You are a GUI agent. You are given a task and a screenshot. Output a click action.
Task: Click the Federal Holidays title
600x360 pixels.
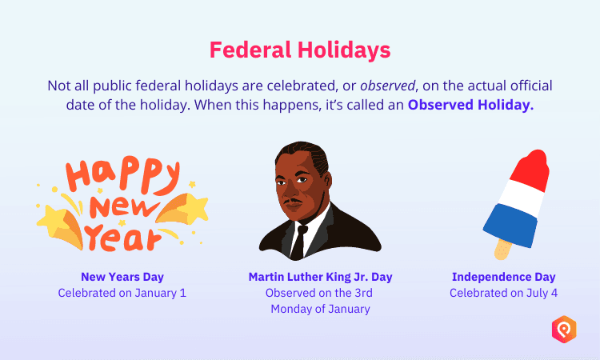pyautogui.click(x=300, y=50)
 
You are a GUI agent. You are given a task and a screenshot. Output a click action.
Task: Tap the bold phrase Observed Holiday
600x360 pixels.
pyautogui.click(x=470, y=106)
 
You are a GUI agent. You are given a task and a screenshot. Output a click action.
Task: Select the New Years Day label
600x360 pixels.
pyautogui.click(x=122, y=277)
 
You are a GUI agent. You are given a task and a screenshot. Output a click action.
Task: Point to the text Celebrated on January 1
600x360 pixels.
pyautogui.click(x=122, y=293)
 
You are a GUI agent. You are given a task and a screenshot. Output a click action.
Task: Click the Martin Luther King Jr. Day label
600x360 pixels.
pyautogui.click(x=320, y=277)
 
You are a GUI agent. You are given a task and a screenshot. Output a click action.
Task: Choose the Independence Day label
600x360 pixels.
pyautogui.click(x=503, y=277)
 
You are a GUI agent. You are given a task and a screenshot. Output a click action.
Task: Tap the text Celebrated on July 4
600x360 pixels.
pyautogui.click(x=503, y=293)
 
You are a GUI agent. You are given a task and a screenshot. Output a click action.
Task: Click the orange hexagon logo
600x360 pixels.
pyautogui.click(x=564, y=329)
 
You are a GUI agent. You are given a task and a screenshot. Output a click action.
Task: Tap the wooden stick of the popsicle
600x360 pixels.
pyautogui.click(x=502, y=249)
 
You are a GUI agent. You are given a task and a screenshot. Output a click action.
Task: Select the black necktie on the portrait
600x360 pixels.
pyautogui.click(x=298, y=240)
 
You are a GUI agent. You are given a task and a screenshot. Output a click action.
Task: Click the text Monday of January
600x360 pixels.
pyautogui.click(x=320, y=309)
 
